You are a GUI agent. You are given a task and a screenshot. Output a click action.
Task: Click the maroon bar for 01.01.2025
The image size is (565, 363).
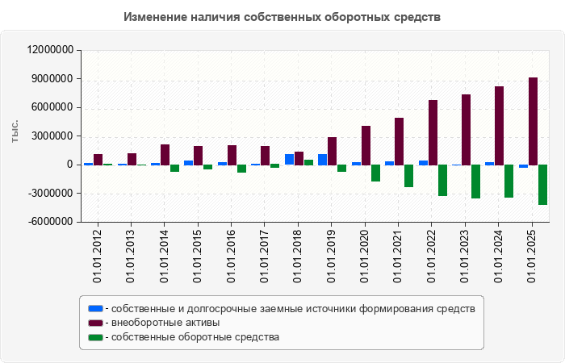(x=533, y=121)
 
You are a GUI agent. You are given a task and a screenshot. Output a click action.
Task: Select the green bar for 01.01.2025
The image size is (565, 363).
(x=542, y=185)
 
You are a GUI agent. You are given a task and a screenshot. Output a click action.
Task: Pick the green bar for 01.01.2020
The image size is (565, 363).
(x=375, y=173)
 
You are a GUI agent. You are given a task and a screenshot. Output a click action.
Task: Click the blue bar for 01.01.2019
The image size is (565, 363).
(x=322, y=160)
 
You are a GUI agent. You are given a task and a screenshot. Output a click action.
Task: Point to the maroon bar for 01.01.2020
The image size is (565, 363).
(x=366, y=145)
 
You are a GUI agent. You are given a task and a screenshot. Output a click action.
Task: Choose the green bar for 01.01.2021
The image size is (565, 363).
(x=408, y=176)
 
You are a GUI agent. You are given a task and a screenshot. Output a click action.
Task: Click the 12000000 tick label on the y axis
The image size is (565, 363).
(x=51, y=50)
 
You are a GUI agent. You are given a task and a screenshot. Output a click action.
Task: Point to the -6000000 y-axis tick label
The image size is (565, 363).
(x=51, y=222)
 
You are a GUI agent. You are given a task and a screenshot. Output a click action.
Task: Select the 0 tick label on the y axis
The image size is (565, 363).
(x=70, y=165)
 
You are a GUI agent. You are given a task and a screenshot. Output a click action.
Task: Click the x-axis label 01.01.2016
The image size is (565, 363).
(x=232, y=256)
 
